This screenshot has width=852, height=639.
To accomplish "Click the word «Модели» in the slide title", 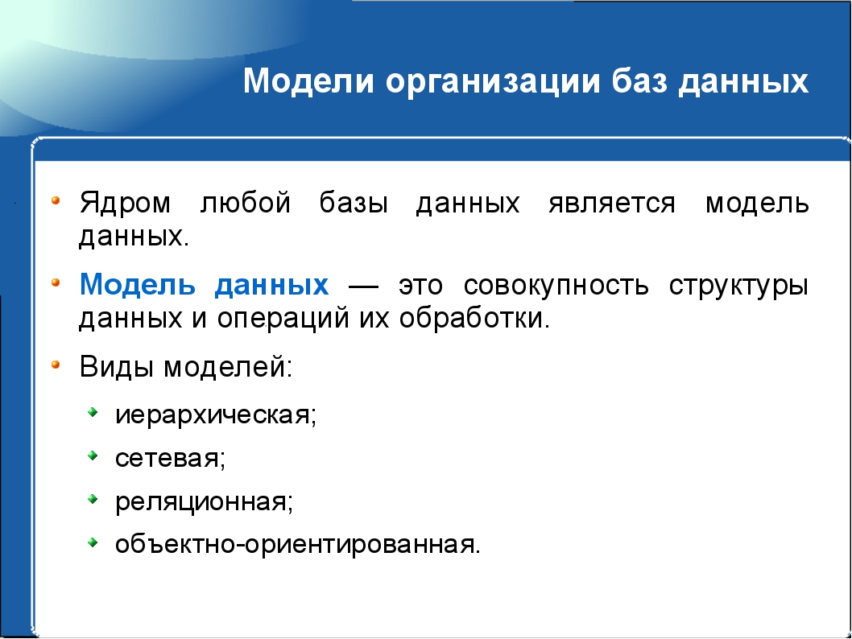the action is point(308,81).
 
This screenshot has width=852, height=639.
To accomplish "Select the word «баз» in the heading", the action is point(639,80).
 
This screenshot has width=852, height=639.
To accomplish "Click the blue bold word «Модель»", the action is point(138,284).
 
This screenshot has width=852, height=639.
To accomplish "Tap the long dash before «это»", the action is point(363,287).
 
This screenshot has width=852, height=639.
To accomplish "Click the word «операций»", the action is point(283,318).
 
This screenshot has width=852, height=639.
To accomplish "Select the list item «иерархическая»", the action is point(216,415).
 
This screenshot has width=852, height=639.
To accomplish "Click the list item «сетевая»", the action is point(170,459).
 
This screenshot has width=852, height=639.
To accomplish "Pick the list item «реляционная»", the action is point(204,502).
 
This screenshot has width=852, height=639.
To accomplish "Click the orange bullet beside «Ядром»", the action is point(55,200).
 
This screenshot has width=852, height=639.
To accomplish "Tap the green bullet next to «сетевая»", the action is point(93,456).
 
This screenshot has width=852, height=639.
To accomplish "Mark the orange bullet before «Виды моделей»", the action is point(55,365).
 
